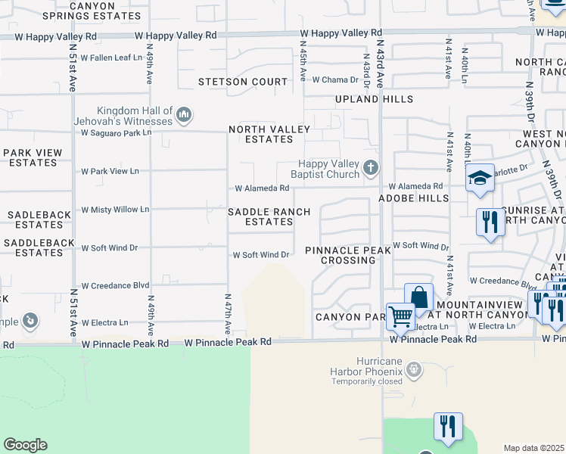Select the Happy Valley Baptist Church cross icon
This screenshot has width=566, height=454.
[370, 167]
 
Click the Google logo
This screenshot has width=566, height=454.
[25, 445]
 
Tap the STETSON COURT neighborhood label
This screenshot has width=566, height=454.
[243, 82]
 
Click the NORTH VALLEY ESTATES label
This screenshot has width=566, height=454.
[269, 134]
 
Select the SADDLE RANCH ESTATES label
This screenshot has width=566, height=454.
[260, 216]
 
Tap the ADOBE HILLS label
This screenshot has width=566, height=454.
[414, 197]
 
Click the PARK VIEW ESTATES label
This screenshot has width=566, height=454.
[32, 157]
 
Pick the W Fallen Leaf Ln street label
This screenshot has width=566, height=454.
[111, 58]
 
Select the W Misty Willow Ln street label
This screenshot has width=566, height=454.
[115, 209]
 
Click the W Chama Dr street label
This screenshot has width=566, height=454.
[334, 79]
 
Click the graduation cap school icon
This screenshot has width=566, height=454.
[480, 179]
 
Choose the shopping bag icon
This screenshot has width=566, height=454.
[418, 297]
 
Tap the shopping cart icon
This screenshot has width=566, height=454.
[400, 315]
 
